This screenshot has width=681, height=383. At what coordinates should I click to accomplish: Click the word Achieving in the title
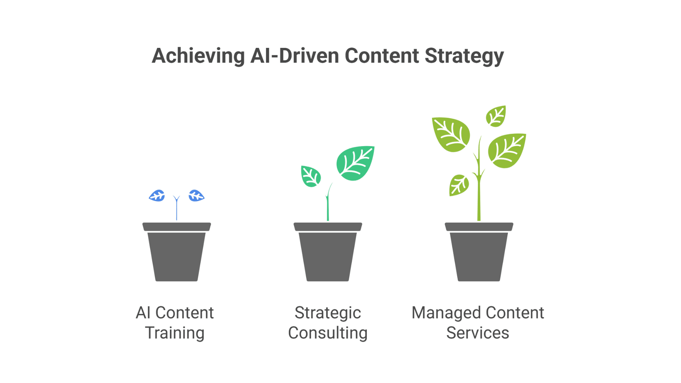[x=198, y=56]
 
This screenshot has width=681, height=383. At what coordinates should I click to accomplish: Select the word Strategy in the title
[x=464, y=56]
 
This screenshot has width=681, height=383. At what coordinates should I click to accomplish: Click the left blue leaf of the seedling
[x=157, y=195]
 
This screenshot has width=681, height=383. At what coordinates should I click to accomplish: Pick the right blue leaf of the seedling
[x=196, y=195]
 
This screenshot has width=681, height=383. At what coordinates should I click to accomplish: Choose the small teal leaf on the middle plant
[x=310, y=176]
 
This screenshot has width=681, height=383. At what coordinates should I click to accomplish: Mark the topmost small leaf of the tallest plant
[x=496, y=116]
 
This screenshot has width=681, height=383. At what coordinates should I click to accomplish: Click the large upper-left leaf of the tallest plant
[x=451, y=134]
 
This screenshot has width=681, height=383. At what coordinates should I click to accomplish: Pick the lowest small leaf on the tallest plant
[x=459, y=185]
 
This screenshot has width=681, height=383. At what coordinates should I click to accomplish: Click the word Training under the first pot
[x=175, y=333]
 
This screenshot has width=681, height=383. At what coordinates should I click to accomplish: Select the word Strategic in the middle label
[x=328, y=313]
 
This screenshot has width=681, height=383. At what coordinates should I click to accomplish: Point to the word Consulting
[x=328, y=333]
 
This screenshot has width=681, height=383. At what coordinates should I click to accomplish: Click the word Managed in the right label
[x=446, y=313]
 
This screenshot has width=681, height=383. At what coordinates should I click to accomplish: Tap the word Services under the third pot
[x=477, y=333]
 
